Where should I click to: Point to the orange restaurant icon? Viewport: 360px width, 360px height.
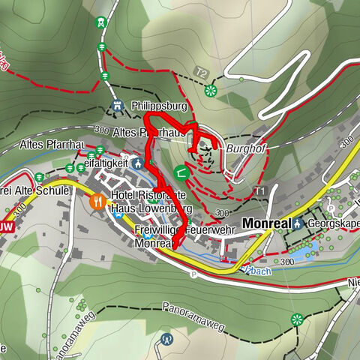pos(97,201)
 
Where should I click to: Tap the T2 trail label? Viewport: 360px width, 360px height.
pos(201,73)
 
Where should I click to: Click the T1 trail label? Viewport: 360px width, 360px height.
pos(260,191)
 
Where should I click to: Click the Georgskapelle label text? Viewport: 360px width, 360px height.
pos(334,223)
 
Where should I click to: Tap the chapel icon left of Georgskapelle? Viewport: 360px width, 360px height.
pos(298,223)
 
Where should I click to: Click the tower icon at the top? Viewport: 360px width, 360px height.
pos(99,23)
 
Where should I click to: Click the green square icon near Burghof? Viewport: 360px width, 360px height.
pos(181,172)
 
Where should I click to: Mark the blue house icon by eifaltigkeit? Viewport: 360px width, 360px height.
pos(137,163)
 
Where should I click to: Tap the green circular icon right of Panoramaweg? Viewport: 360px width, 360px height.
pos(298,319)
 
